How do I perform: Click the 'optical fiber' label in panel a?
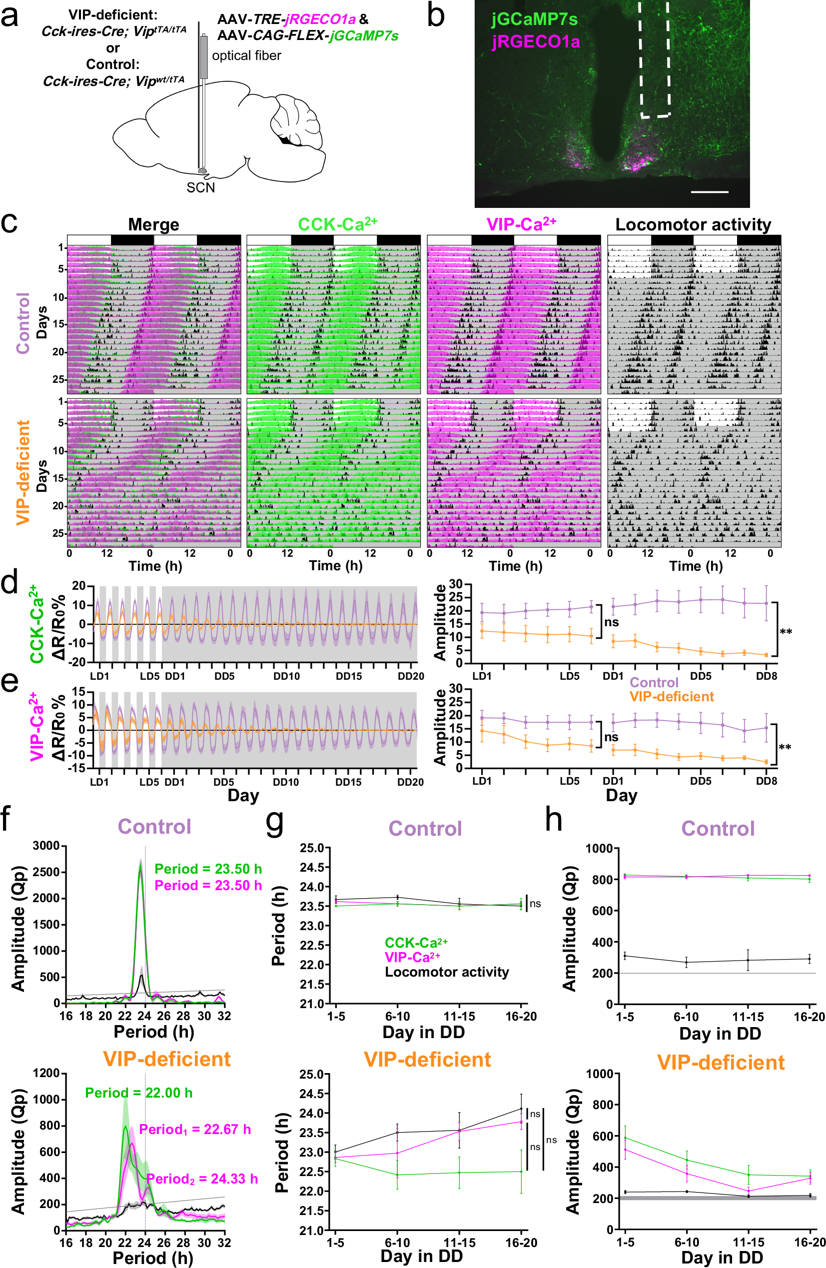pyautogui.click(x=246, y=55)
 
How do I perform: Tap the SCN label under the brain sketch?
pyautogui.click(x=200, y=187)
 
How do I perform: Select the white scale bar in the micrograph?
pyautogui.click(x=710, y=192)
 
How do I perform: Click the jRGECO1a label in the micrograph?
pyautogui.click(x=535, y=41)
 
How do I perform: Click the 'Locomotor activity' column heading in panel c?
pyautogui.click(x=693, y=224)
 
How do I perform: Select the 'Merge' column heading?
pyautogui.click(x=153, y=224)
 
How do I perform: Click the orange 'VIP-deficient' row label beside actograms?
pyautogui.click(x=23, y=471)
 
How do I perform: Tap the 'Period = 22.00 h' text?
pyautogui.click(x=138, y=1093)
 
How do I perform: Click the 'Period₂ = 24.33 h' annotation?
pyautogui.click(x=202, y=1179)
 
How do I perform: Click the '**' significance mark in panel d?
pyautogui.click(x=786, y=632)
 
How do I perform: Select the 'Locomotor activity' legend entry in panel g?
pyautogui.click(x=446, y=972)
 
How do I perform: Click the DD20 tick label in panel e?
pyautogui.click(x=410, y=782)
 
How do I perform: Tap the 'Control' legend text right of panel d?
pyautogui.click(x=654, y=683)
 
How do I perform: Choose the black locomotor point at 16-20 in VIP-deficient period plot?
pyautogui.click(x=521, y=1109)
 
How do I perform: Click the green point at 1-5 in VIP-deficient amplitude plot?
pyautogui.click(x=625, y=1138)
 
